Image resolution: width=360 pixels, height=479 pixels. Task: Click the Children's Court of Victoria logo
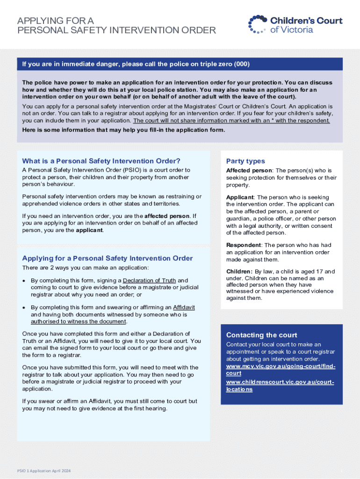pos(295,24)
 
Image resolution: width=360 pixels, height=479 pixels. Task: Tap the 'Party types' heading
pos(245,161)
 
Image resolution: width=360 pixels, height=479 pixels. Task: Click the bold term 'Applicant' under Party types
pos(240,197)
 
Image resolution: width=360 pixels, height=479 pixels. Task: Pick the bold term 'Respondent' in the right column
pos(244,245)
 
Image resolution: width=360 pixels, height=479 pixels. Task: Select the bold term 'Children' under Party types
pos(239,271)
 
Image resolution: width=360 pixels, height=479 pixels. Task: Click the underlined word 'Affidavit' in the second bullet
pos(184,307)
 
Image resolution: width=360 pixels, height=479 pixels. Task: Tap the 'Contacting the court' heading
pos(262,335)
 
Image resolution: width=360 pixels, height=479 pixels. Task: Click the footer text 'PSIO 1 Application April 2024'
pos(44,471)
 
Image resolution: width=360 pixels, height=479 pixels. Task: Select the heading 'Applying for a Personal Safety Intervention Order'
pos(108,258)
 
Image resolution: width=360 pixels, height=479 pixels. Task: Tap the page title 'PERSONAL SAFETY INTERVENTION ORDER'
pos(117,31)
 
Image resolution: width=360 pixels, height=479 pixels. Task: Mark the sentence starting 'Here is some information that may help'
pos(124,130)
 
